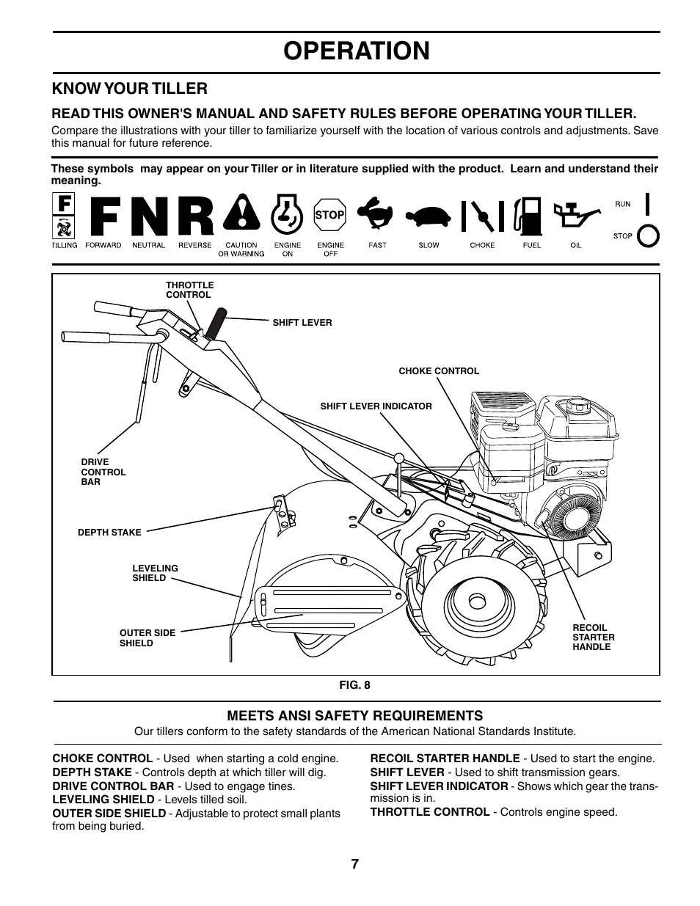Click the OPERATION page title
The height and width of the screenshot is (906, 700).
pos(356,51)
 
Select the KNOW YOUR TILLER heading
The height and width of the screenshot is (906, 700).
pos(129,89)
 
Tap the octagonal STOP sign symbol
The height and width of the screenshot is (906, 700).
pos(329,215)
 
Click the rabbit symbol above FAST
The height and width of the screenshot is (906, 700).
pos(377,214)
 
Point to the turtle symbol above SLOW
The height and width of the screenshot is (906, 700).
pos(429,216)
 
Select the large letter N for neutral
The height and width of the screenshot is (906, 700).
pos(148,218)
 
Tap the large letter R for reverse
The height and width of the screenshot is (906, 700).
pos(195,218)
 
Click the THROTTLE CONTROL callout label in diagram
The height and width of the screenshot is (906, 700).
pos(189,290)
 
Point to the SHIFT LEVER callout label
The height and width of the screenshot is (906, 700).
pos(302,322)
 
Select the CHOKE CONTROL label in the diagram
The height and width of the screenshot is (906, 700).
pos(438,371)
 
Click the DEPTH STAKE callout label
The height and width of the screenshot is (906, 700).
pos(109,533)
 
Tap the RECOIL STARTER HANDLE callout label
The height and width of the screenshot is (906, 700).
pos(593,638)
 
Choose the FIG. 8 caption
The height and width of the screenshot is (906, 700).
pos(354,685)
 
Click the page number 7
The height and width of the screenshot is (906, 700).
pos(355,864)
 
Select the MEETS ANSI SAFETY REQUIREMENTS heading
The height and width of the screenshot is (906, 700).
pos(354,716)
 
